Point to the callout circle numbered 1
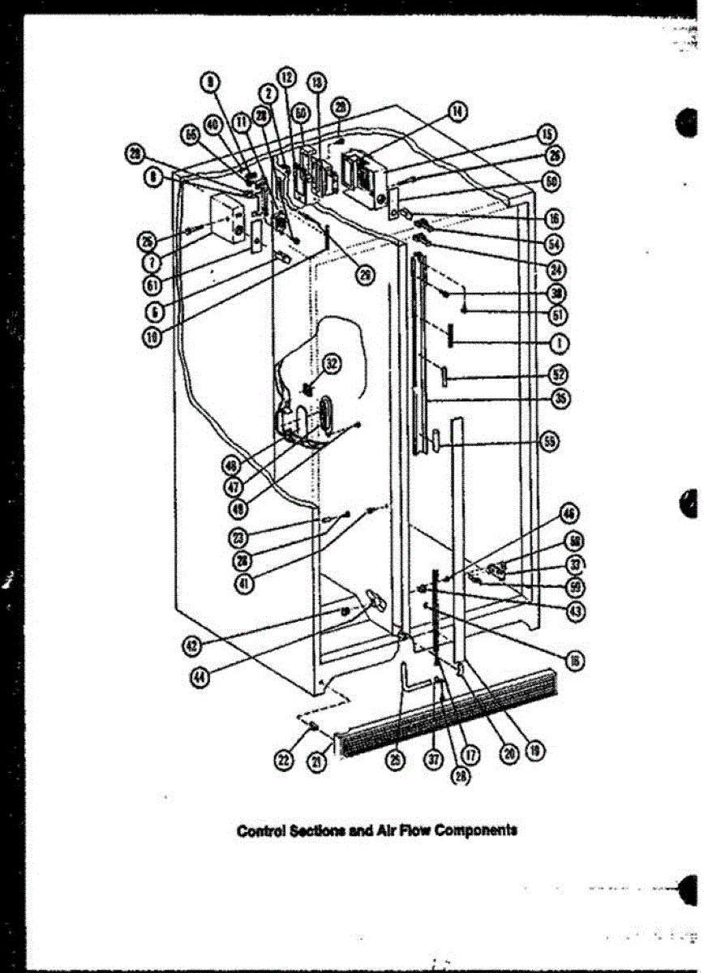coord(557,343)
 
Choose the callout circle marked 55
coord(551,442)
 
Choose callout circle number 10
coord(150,338)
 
